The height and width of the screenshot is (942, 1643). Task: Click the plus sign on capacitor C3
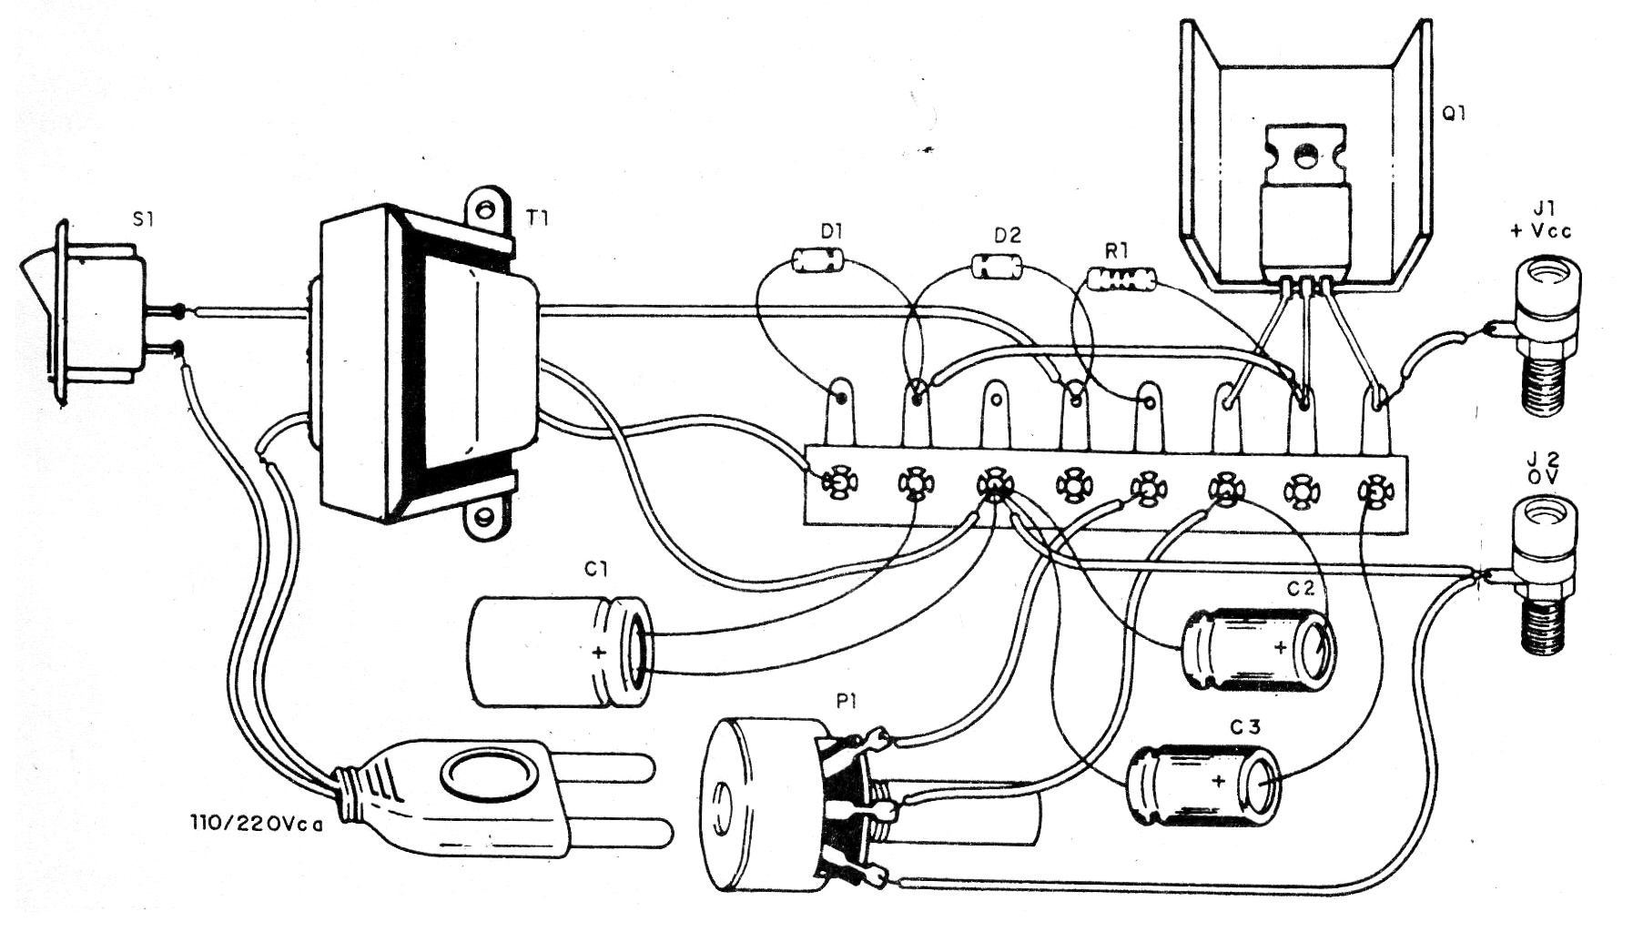click(1218, 781)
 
